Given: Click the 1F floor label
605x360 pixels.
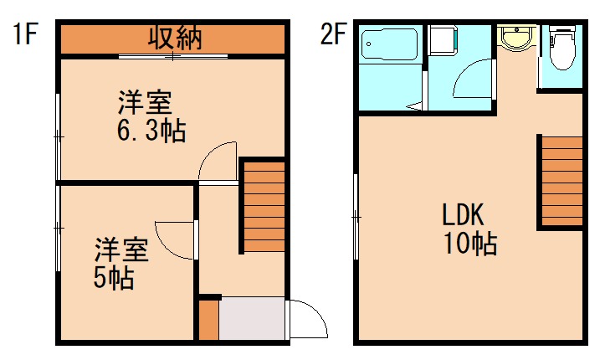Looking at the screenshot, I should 26,34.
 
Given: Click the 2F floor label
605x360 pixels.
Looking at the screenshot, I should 332,34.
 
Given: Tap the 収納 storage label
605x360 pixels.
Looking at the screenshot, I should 174,38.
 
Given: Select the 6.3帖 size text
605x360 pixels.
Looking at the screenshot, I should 151,131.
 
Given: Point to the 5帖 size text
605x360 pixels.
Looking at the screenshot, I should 113,278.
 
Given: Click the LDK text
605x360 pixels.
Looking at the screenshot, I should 464,214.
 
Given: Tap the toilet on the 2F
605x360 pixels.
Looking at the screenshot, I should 562,49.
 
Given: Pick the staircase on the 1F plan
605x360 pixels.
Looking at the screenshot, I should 264,205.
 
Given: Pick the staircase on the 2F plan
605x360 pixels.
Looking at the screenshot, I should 560,180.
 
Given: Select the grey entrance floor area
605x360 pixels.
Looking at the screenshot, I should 251,319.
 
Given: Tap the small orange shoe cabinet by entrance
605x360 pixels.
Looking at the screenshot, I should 208,319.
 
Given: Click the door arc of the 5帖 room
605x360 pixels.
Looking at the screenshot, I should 174,238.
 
